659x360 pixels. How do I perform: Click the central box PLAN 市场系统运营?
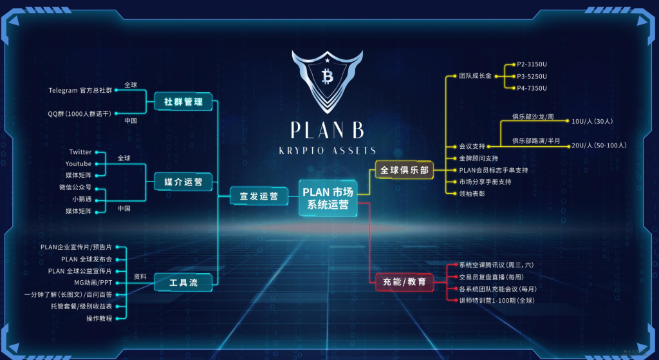(328, 198)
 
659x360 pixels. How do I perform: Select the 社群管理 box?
(183, 102)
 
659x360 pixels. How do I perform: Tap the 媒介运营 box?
(183, 182)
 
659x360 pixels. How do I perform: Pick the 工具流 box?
(183, 283)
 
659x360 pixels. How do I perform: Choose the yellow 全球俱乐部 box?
(404, 171)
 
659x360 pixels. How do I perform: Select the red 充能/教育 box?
(404, 282)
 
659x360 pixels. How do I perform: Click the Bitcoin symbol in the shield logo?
(326, 77)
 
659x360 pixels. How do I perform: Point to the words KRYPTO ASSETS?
(327, 150)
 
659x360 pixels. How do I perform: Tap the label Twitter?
(80, 152)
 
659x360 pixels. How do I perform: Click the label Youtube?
(79, 164)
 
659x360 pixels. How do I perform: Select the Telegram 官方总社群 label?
(80, 90)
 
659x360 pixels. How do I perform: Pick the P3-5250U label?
(532, 76)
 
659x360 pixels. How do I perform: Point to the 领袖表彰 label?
(472, 193)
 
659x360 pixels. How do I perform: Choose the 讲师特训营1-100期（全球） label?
(496, 300)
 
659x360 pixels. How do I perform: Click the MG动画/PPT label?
(93, 282)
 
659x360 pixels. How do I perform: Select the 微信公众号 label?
(75, 187)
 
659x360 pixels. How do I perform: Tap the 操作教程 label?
(99, 318)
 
